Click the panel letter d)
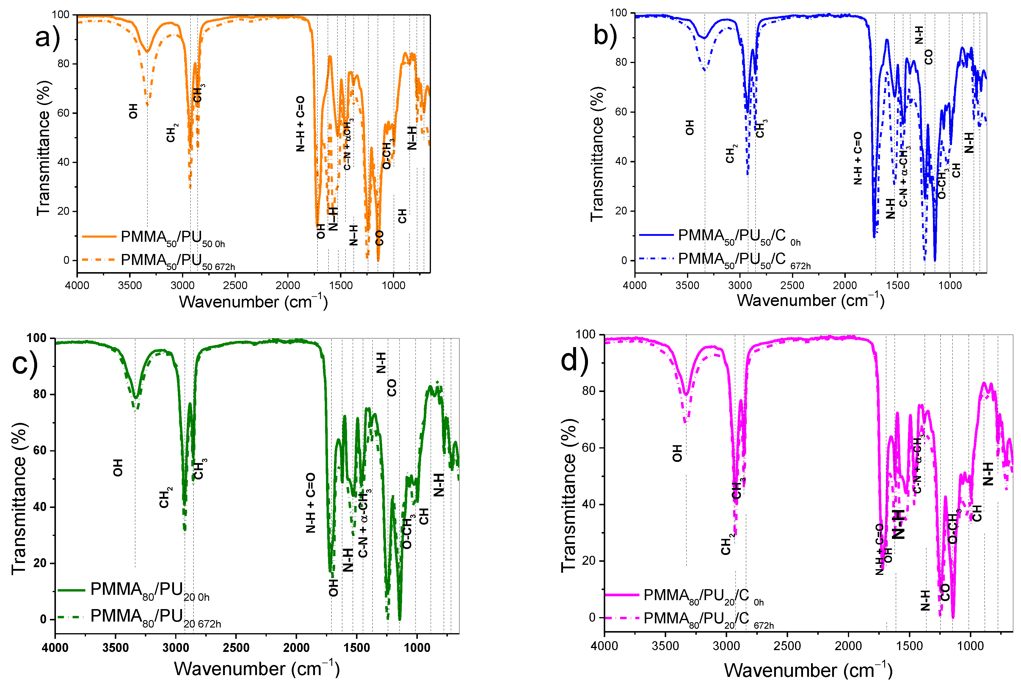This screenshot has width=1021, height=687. [x=575, y=360]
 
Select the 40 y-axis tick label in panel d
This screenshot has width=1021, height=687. [x=589, y=504]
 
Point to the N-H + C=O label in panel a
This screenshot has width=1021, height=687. [x=300, y=124]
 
